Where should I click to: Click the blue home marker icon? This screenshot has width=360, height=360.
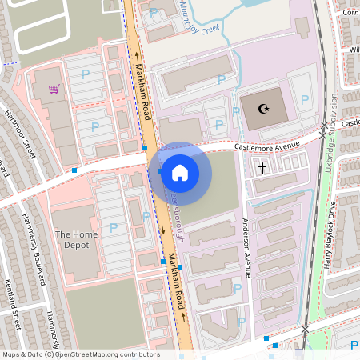click(x=180, y=172)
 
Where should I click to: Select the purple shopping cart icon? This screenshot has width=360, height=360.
click(x=54, y=89)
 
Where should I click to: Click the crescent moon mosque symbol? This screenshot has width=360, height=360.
click(x=259, y=109)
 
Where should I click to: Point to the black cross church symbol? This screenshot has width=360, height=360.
click(x=262, y=167)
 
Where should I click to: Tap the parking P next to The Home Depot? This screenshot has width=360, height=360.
click(x=114, y=228)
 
